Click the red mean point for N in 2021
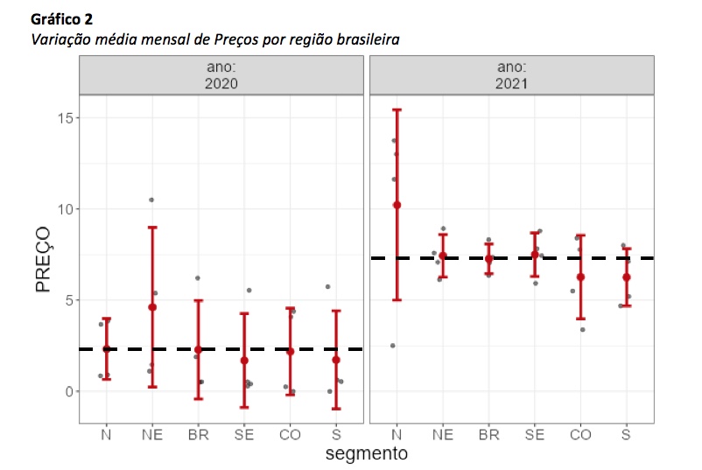397,205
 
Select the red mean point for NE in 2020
152,307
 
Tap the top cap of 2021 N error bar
397,109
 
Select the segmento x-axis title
365,454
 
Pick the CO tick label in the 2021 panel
580,434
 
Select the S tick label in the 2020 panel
336,434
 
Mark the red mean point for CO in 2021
580,277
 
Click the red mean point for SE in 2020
244,361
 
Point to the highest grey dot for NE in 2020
151,200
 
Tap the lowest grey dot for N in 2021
392,346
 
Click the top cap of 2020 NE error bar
152,228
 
